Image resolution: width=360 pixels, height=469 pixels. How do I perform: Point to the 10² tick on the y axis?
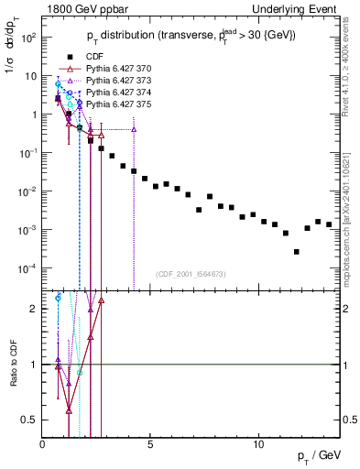tap(29, 38)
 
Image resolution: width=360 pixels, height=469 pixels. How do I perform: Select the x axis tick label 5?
tap(150, 444)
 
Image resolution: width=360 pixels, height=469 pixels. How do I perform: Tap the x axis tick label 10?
tap(258, 444)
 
